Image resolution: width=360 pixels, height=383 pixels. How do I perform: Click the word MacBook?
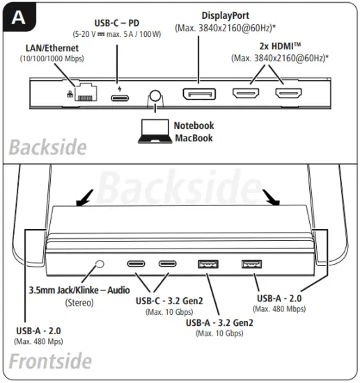point(195,139)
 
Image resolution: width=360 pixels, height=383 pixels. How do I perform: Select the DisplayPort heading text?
point(225,15)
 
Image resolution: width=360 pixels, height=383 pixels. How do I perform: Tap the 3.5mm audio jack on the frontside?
point(100,265)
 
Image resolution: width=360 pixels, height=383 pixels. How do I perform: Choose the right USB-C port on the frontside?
point(168,265)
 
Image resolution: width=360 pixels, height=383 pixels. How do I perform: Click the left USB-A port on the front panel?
point(207,265)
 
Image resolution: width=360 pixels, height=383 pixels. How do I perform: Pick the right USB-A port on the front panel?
point(251,264)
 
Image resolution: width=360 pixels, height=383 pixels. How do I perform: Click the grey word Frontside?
point(50,362)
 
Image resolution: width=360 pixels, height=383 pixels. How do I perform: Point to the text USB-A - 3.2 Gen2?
point(219,322)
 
